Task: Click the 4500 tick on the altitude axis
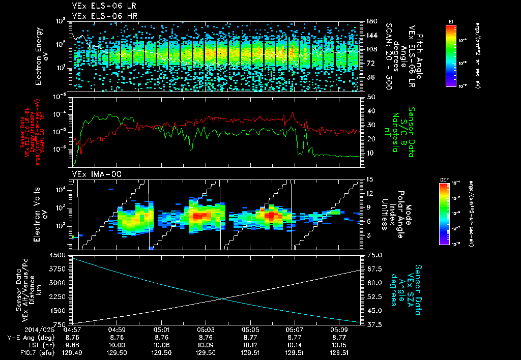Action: [59, 255]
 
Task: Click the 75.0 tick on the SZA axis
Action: [375, 255]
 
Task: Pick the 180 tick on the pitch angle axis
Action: [371, 21]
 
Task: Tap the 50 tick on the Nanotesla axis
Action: [371, 97]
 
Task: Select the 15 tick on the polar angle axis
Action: [370, 179]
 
